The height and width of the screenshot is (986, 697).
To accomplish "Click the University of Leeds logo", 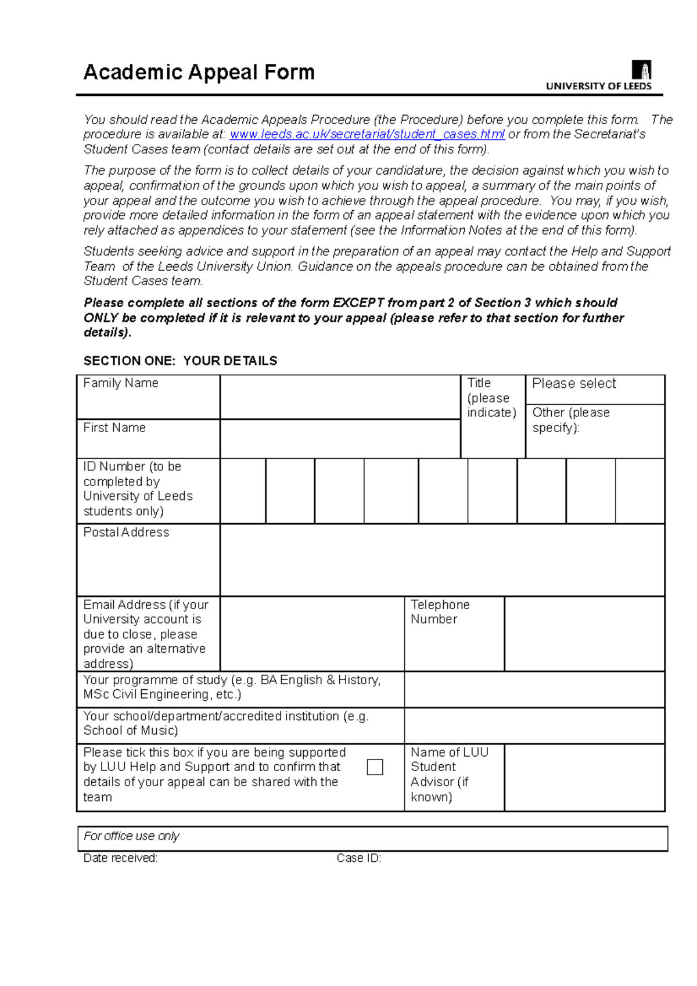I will click(x=599, y=75).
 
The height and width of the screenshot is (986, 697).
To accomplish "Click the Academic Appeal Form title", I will click(x=199, y=72).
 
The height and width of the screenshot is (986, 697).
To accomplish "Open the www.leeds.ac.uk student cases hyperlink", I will click(x=367, y=134).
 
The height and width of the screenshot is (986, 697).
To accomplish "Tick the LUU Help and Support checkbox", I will click(x=375, y=767).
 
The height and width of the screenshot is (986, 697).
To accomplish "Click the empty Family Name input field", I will click(x=340, y=397).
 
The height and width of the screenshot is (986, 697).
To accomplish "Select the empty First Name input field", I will click(x=340, y=439).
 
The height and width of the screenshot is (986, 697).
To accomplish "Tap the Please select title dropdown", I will click(x=595, y=390).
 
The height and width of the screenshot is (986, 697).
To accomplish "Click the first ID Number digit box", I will click(x=243, y=491).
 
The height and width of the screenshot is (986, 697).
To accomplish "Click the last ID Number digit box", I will click(x=640, y=491).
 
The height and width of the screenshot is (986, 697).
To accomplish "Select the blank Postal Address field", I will click(x=442, y=560).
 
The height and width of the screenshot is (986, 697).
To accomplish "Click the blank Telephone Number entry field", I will click(x=584, y=634).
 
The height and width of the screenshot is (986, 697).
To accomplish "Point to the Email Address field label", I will click(x=145, y=634).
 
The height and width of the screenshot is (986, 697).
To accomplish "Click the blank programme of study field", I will click(x=534, y=689).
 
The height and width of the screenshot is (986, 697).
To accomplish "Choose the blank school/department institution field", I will click(x=534, y=725).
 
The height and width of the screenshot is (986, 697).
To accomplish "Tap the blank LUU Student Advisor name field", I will click(x=584, y=777).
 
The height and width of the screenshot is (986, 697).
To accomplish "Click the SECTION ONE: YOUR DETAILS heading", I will click(x=180, y=361).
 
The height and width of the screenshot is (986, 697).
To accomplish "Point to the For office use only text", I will click(x=131, y=836).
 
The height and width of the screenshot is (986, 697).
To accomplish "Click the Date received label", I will click(x=120, y=858).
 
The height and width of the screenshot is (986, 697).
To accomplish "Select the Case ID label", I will click(x=358, y=858).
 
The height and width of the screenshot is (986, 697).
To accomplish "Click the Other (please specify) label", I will click(x=570, y=420).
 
